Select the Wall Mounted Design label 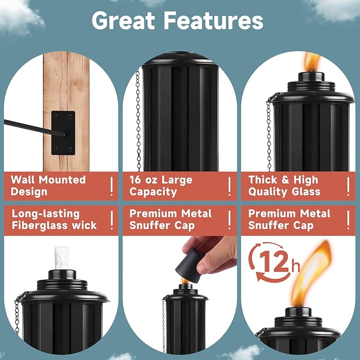pyautogui.click(x=48, y=186)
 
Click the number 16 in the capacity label pyautogui.click(x=137, y=180)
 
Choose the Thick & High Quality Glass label pyautogui.click(x=284, y=186)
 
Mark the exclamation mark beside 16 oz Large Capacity pyautogui.click(x=230, y=186)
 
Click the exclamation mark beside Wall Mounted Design pyautogui.click(x=111, y=186)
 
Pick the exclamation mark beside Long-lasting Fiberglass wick pyautogui.click(x=111, y=220)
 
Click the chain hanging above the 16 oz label pyautogui.click(x=138, y=122)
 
